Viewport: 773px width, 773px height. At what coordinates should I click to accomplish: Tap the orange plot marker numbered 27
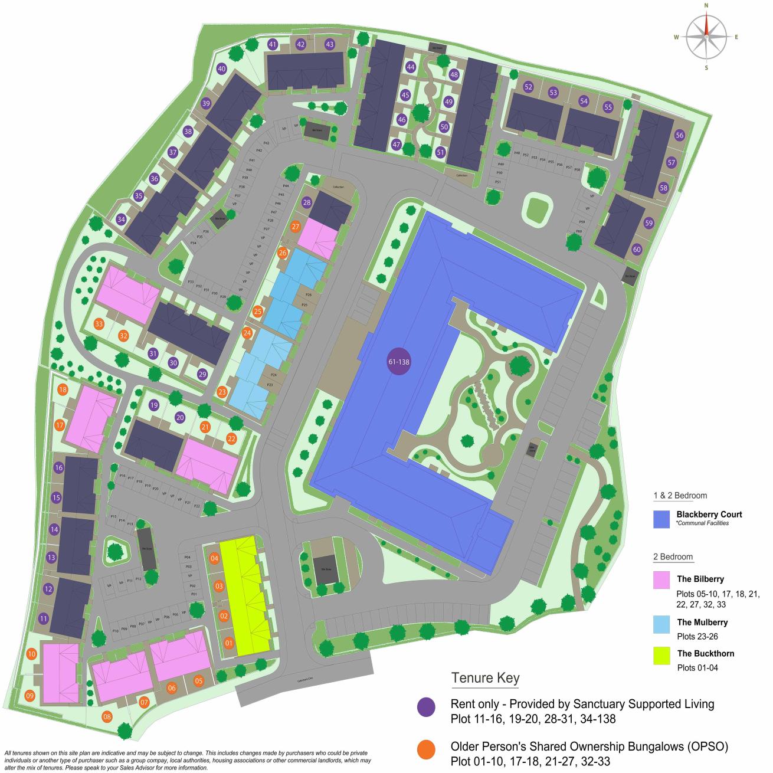coord(296,227)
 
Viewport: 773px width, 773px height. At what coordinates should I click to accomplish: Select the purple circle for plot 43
coord(329,44)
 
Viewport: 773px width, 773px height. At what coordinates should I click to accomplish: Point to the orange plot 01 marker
coord(229,643)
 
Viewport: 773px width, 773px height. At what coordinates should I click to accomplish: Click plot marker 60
coord(637,249)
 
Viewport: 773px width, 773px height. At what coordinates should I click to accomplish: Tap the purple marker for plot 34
coord(121,219)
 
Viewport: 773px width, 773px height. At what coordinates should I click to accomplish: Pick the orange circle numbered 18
coord(63,389)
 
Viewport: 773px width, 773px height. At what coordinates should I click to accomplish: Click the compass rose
coord(706,37)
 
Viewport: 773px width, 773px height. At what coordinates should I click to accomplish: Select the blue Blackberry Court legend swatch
coord(661,519)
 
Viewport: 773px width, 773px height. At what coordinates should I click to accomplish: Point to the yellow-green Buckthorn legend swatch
coord(661,656)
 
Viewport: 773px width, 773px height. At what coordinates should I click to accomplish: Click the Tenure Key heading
coord(485,677)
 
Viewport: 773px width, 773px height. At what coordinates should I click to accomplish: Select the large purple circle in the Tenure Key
coord(426,707)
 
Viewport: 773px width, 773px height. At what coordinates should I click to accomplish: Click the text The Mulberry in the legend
coord(702,622)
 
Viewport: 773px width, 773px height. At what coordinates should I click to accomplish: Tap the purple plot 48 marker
coord(454,75)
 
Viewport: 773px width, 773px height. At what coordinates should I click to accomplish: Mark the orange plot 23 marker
coord(222,392)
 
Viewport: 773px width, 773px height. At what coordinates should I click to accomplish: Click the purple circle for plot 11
coord(43,618)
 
